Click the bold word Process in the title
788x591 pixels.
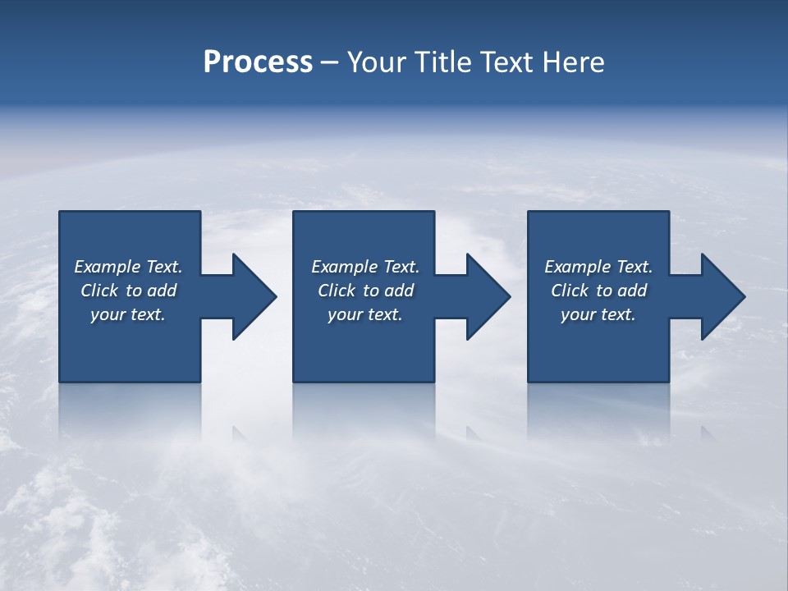(x=258, y=62)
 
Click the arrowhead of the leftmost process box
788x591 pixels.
(x=254, y=296)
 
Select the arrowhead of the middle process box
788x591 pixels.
(x=488, y=296)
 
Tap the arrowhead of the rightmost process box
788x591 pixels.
(x=723, y=296)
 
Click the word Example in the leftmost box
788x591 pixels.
(x=108, y=267)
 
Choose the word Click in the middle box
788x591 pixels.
(x=337, y=291)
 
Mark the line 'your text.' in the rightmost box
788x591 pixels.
(x=598, y=314)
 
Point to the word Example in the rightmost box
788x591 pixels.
(x=578, y=267)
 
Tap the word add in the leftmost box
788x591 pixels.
(x=162, y=291)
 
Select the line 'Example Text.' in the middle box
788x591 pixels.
(x=365, y=267)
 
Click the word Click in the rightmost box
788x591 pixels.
(x=570, y=291)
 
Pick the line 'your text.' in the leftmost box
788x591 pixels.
(x=128, y=314)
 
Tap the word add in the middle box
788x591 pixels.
(x=399, y=291)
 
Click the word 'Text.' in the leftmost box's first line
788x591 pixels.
(x=164, y=267)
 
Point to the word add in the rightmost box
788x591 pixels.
(x=632, y=291)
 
